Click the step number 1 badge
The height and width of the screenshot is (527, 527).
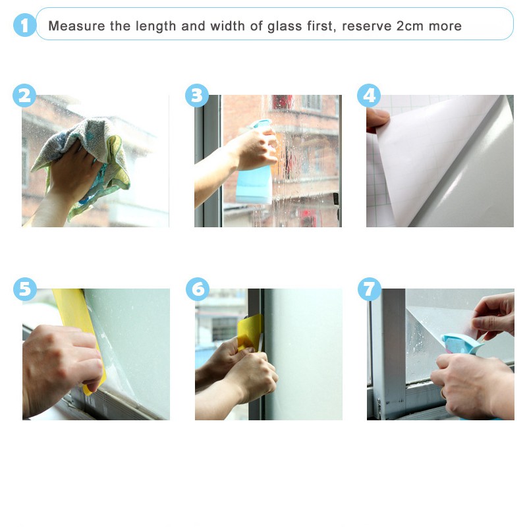point(24,25)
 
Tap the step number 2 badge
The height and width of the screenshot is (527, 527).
point(24,96)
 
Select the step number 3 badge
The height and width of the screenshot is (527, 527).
point(197,96)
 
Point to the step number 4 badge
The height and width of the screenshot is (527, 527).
point(369,96)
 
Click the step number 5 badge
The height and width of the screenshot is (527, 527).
point(25,289)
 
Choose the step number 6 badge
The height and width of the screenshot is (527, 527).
point(198,289)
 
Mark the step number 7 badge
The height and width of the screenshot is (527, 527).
point(370,289)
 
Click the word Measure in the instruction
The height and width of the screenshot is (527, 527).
point(76,26)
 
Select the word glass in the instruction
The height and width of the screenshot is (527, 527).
point(285,26)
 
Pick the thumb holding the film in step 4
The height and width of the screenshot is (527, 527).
point(377,119)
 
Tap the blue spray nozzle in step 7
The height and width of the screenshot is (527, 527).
point(461,343)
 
